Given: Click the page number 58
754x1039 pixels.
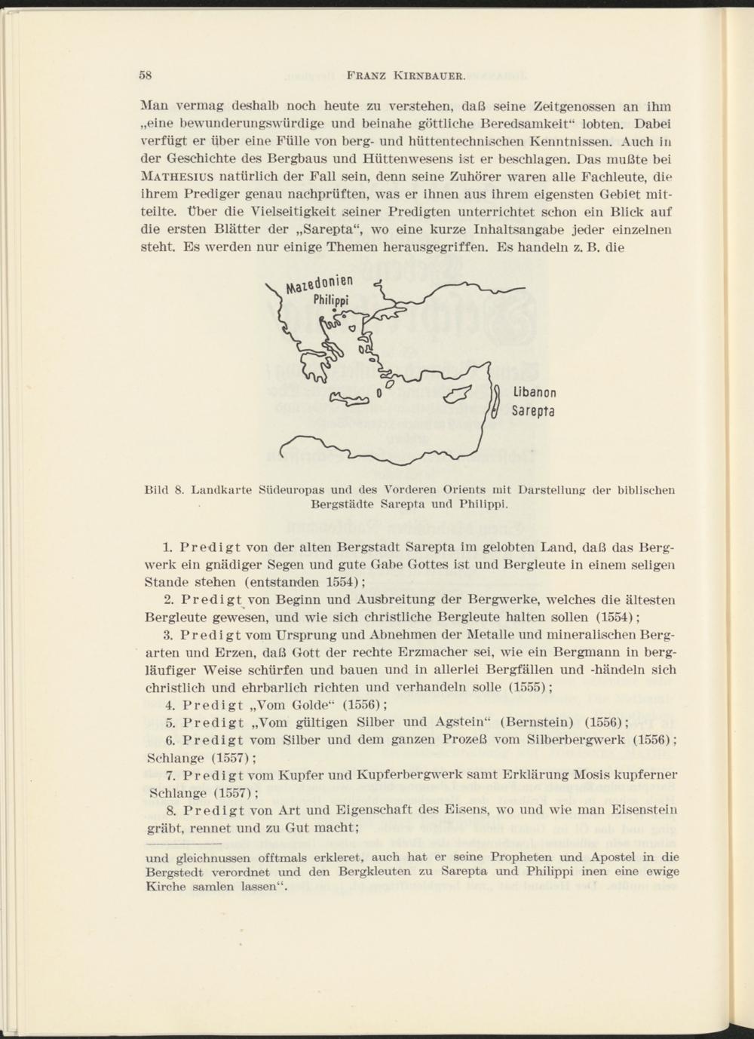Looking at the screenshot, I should [146, 75].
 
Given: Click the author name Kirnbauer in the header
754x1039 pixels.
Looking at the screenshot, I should [435, 75].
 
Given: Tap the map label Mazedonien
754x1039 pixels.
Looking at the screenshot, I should [320, 285].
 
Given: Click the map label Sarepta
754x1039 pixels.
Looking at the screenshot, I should [533, 412].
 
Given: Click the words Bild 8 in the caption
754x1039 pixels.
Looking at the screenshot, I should [164, 490].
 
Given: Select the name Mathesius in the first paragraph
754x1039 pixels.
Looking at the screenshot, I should [175, 178].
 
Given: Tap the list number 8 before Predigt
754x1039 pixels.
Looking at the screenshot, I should [168, 810].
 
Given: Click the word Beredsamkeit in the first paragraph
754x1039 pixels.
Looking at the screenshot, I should [542, 122].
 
